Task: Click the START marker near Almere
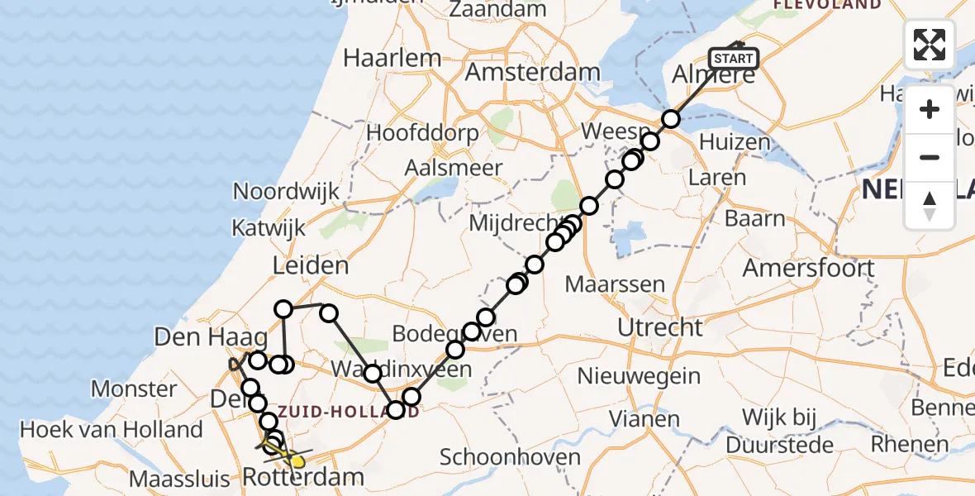[x=733, y=58]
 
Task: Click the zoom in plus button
[x=930, y=109]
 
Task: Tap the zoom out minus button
[x=930, y=157]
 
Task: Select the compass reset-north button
[x=930, y=205]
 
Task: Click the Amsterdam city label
[x=531, y=72]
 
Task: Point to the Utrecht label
[x=660, y=327]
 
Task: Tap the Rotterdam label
[x=302, y=476]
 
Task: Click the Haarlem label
[x=392, y=58]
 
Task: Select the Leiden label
[x=311, y=265]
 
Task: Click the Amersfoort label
[x=808, y=268]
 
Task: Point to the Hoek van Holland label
[x=111, y=429]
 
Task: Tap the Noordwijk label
[x=286, y=192]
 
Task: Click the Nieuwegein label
[x=639, y=377]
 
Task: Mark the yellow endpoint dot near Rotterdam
[x=297, y=460]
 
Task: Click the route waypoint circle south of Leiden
[x=283, y=309]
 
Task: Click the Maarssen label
[x=615, y=285]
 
